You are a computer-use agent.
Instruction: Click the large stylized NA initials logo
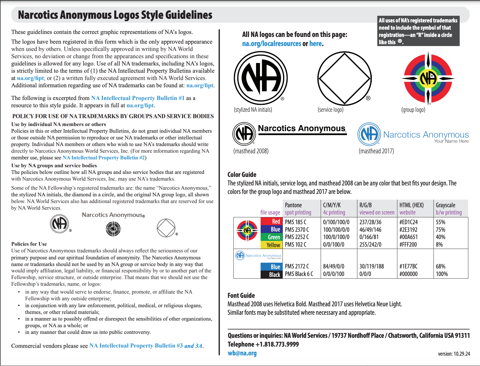coord(261,78)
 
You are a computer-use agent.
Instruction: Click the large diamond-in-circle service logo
coord(344,78)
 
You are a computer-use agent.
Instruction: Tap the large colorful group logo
coord(428,78)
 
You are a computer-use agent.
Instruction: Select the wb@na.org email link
coord(242,353)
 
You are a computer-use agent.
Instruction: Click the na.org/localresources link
coord(272,44)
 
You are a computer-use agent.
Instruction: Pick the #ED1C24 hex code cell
coord(408,222)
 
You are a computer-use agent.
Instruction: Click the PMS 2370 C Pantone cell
coord(297,230)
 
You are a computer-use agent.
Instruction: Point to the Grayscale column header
coord(445,205)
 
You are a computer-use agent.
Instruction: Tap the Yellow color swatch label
coord(273,245)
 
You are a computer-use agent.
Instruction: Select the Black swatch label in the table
coord(274,274)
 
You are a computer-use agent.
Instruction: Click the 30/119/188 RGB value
coord(372,266)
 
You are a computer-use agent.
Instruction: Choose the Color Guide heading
coord(242,175)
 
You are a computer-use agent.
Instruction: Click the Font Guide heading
coord(241,295)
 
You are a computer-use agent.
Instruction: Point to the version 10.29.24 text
coord(454,354)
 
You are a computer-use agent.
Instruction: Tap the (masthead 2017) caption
coord(376,151)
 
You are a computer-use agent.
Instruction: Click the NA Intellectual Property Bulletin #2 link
coord(104,158)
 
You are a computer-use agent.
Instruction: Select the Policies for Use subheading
coord(29,244)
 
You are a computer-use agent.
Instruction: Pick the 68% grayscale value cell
coord(440,266)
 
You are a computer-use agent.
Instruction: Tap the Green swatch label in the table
coord(274,237)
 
